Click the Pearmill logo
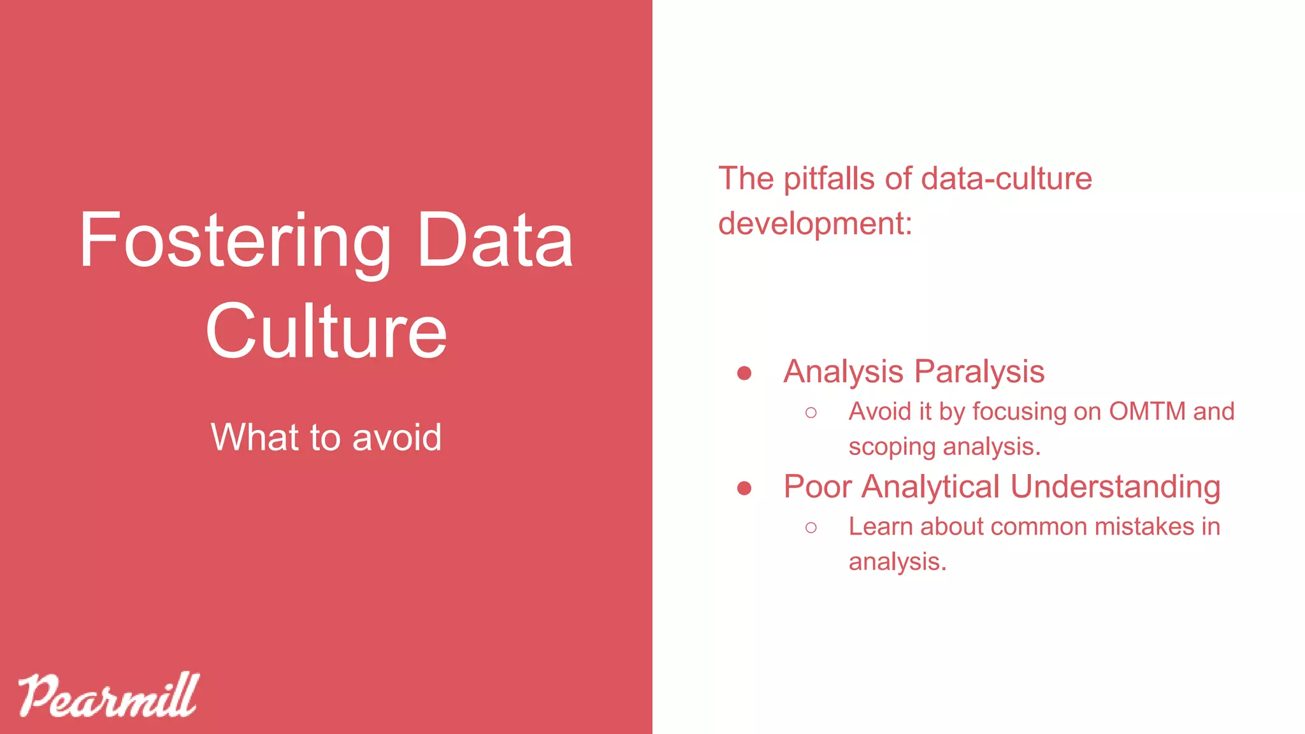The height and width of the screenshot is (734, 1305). [108, 695]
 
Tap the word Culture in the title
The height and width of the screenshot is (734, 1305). [326, 331]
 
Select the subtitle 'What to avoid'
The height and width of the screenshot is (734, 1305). [326, 437]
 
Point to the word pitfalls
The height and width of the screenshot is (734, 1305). [829, 178]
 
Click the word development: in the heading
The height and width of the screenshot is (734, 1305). [815, 224]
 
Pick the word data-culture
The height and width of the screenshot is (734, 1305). [1006, 178]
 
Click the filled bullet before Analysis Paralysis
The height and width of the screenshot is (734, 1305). [744, 373]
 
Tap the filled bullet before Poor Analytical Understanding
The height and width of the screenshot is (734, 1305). [744, 488]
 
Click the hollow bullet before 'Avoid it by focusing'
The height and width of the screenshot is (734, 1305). [811, 413]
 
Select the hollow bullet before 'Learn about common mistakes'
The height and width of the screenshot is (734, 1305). [811, 528]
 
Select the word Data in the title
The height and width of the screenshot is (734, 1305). [495, 241]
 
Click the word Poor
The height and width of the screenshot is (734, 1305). [818, 487]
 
